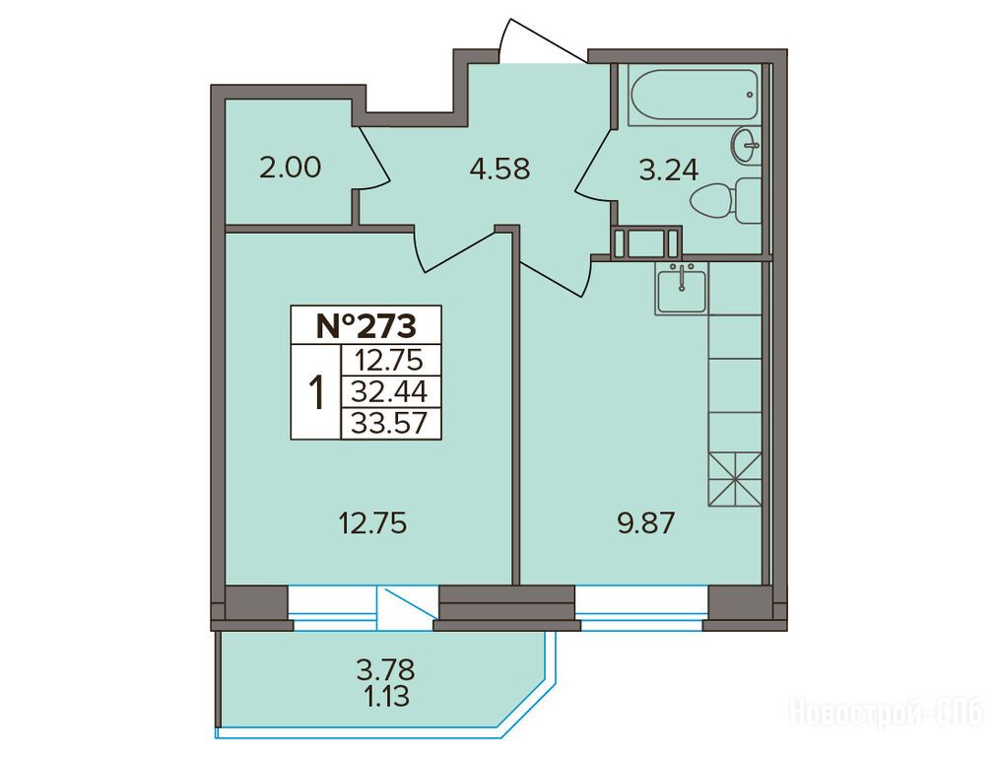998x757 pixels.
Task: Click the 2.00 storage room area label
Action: pyautogui.click(x=291, y=169)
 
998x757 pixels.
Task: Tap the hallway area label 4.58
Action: pyautogui.click(x=499, y=170)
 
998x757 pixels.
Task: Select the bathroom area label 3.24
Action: pyautogui.click(x=668, y=170)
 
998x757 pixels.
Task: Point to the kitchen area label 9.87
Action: pyautogui.click(x=644, y=525)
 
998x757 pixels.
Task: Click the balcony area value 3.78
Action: pyautogui.click(x=386, y=670)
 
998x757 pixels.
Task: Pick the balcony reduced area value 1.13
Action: pyautogui.click(x=386, y=697)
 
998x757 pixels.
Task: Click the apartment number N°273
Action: pyautogui.click(x=366, y=326)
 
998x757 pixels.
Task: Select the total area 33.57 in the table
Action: pyautogui.click(x=389, y=423)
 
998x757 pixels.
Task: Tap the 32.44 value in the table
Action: pyautogui.click(x=389, y=391)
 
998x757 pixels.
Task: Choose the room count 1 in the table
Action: pyautogui.click(x=316, y=392)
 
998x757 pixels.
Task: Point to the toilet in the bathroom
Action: pyautogui.click(x=725, y=200)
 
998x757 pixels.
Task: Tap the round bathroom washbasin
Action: pyautogui.click(x=746, y=146)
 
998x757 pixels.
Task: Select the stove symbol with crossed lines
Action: pyautogui.click(x=735, y=479)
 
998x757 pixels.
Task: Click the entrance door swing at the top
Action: pyautogui.click(x=541, y=39)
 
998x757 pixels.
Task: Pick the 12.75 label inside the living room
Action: pyautogui.click(x=372, y=524)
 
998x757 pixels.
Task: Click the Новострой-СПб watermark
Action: pyautogui.click(x=887, y=712)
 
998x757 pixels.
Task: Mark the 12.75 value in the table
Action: pyautogui.click(x=389, y=361)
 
